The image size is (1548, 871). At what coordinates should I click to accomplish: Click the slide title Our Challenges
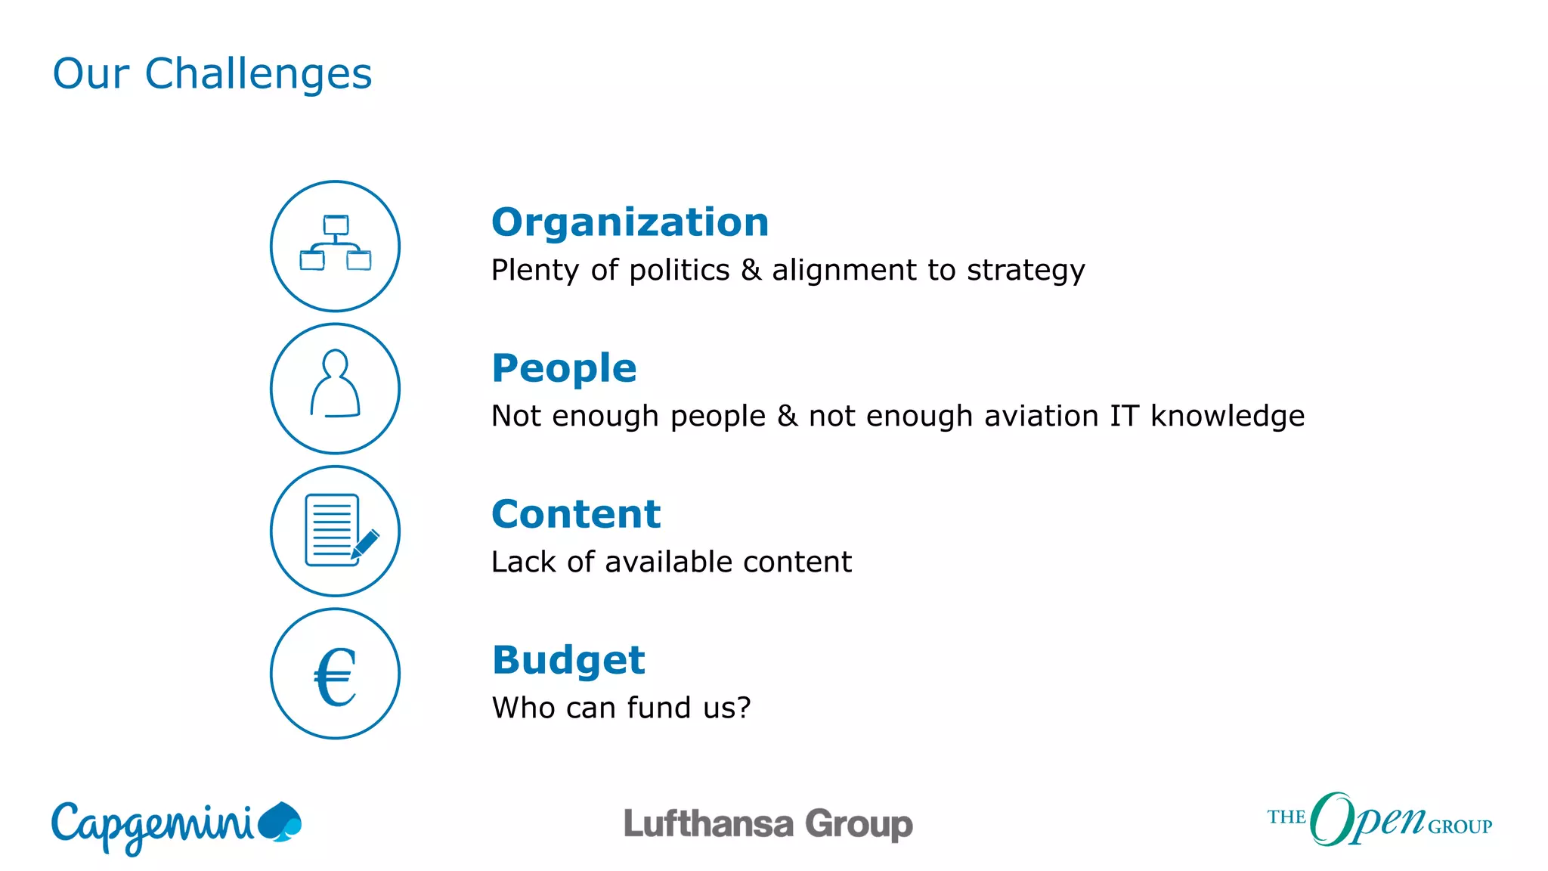tap(212, 74)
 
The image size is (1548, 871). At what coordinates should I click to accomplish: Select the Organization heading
tap(630, 222)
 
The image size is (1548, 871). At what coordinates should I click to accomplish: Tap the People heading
tap(564, 368)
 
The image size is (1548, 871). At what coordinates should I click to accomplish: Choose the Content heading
tap(576, 514)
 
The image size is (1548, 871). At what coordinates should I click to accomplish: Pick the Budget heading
tap(568, 660)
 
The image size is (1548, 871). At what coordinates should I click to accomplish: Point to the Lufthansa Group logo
tap(768, 824)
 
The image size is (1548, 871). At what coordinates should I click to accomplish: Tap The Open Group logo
tap(1379, 820)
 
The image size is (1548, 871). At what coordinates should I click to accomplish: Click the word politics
tap(679, 271)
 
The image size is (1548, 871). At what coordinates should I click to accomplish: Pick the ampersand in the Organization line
tap(751, 271)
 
